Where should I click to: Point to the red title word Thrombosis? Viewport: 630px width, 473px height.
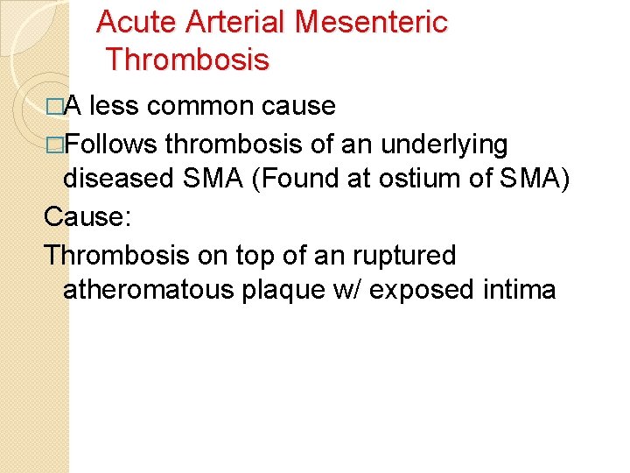[187, 60]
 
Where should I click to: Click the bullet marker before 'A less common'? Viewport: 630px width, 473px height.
[55, 107]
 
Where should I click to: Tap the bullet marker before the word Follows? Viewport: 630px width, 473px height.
[55, 143]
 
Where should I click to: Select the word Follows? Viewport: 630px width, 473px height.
[111, 142]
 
